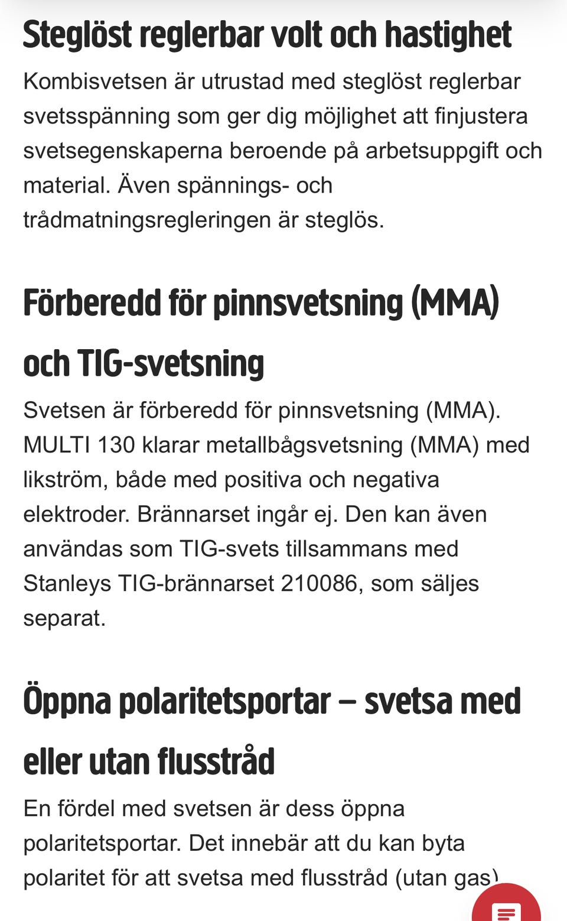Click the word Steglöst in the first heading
point(77,35)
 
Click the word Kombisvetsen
point(94,82)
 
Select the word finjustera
point(481,116)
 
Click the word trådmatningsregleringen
point(147,220)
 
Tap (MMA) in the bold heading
point(455,303)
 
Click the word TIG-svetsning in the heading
point(171,363)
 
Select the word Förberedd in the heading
point(92,303)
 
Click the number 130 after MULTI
point(116,445)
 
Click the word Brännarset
point(194,514)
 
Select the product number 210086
point(319,583)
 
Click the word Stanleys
point(67,583)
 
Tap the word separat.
point(64,618)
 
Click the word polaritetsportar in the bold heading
point(224,702)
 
